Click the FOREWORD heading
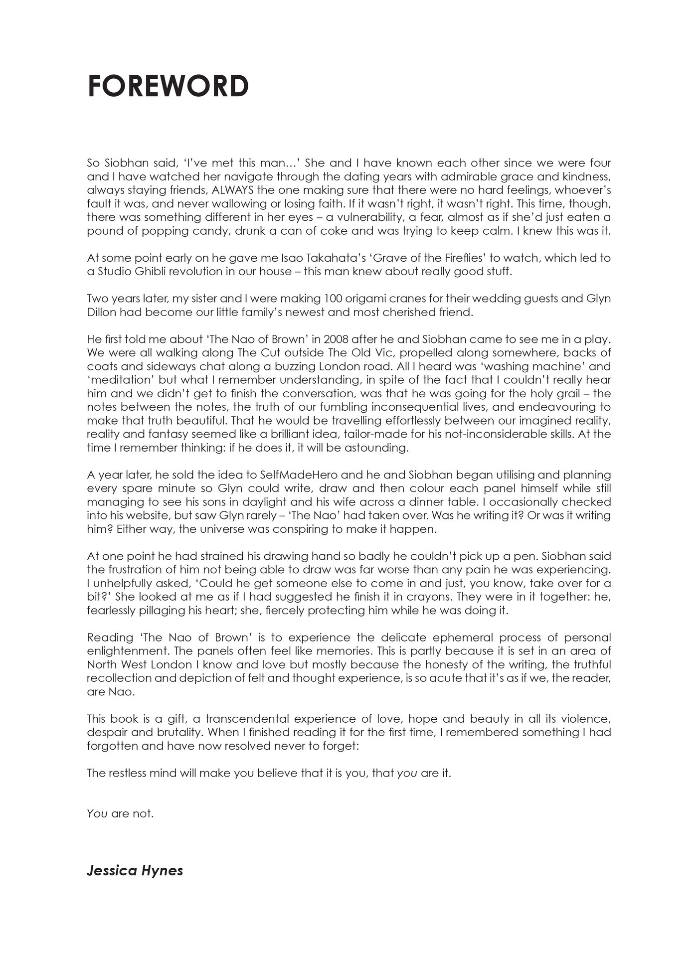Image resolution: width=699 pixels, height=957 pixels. tap(168, 86)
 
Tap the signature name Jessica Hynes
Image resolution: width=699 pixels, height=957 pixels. tap(135, 870)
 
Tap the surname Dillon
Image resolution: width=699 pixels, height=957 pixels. tap(103, 312)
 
